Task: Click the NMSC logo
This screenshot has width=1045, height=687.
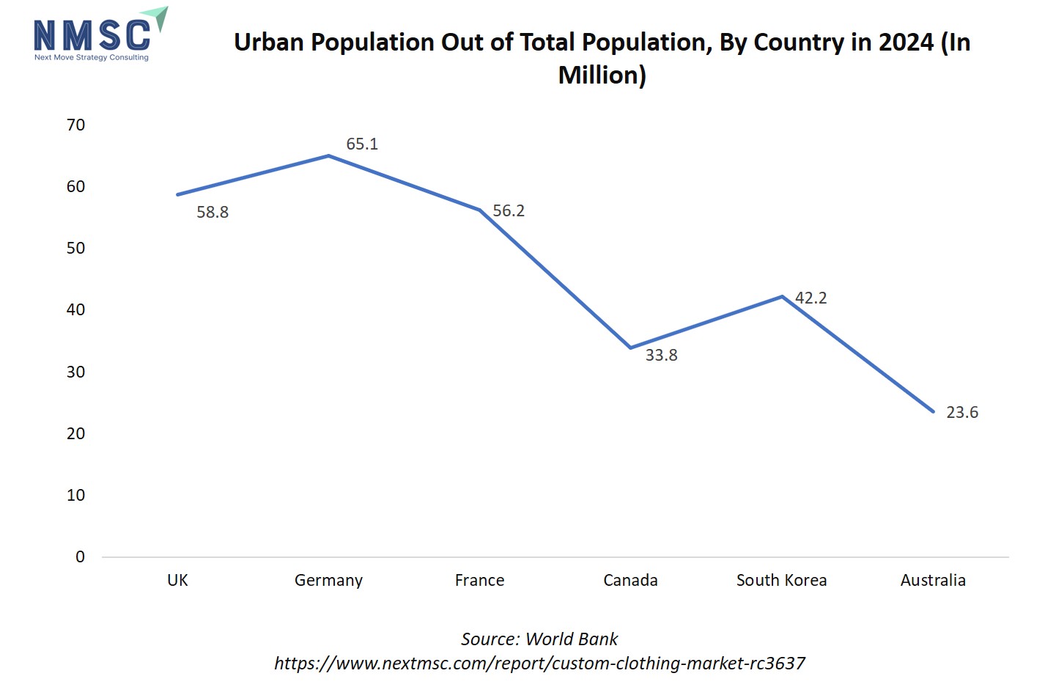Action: [x=99, y=35]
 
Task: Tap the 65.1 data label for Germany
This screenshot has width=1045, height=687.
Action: [x=362, y=144]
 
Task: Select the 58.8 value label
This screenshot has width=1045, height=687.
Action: [x=213, y=213]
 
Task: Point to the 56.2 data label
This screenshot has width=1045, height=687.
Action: [x=509, y=211]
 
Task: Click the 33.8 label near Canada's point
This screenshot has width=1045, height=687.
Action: [x=661, y=356]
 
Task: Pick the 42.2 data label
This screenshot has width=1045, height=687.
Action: [x=810, y=298]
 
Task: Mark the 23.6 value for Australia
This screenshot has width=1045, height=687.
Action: [x=962, y=413]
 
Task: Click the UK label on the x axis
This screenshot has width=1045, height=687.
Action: [x=177, y=581]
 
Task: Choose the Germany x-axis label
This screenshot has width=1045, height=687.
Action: [x=328, y=581]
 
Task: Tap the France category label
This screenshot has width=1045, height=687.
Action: [x=479, y=581]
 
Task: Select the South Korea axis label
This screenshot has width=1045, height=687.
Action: [x=781, y=581]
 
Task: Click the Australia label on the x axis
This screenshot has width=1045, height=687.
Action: [x=933, y=581]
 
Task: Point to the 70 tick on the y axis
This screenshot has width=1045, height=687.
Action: [x=75, y=125]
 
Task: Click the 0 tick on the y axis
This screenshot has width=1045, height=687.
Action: [x=80, y=557]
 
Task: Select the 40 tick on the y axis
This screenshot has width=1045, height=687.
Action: [x=75, y=310]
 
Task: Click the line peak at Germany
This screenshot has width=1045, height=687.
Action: [x=328, y=155]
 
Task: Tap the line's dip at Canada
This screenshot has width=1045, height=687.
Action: [x=631, y=348]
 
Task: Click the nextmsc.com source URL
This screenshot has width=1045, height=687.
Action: [x=539, y=664]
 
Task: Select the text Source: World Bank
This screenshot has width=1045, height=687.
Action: [x=539, y=639]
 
